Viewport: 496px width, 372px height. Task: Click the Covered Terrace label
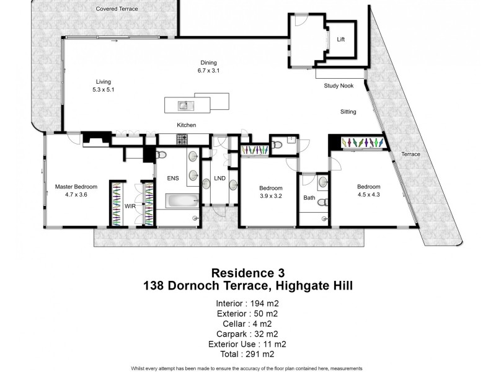coord(117,9)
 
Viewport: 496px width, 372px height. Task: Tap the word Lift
coord(340,40)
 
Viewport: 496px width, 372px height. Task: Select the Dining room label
coord(208,62)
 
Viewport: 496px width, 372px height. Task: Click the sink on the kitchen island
coord(184,105)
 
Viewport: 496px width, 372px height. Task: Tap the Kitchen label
coord(186,125)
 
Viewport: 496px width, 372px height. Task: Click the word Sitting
coord(348,112)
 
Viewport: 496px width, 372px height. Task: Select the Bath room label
coord(309,198)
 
